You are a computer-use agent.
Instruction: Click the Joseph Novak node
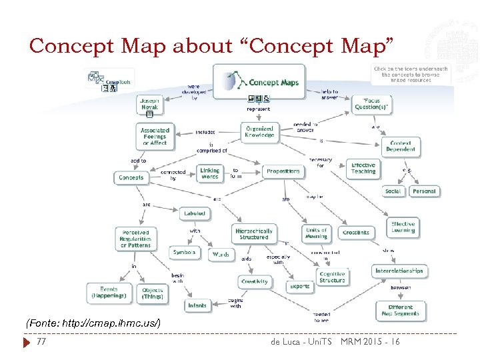tap(149, 104)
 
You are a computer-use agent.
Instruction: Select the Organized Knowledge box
tap(259, 131)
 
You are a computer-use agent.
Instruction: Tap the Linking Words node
tap(209, 173)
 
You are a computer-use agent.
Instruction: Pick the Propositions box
tap(283, 171)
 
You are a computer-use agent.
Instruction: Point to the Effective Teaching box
tap(363, 168)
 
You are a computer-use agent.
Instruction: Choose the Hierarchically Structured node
tap(253, 233)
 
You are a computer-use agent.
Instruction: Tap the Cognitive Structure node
tap(332, 277)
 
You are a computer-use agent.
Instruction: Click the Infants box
tap(197, 305)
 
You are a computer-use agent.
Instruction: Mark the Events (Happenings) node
tap(109, 293)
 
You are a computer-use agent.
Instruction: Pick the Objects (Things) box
tap(153, 293)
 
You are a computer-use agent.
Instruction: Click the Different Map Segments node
tap(400, 311)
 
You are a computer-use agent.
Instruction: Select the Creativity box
tap(255, 281)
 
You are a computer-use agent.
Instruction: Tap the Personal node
tap(423, 191)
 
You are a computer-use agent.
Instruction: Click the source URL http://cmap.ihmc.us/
tap(93, 323)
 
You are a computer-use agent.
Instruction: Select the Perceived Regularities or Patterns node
tap(135, 239)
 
